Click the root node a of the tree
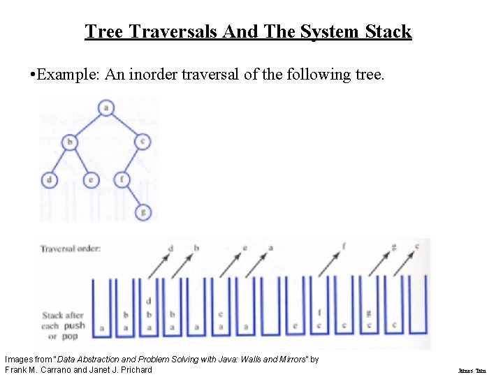[x=105, y=108]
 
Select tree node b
[x=69, y=142]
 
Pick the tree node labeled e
[x=91, y=179]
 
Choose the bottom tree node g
[x=143, y=211]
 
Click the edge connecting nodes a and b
[x=87, y=125]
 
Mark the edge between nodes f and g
[x=132, y=195]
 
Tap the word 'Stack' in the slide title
[x=385, y=31]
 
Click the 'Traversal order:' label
[x=70, y=249]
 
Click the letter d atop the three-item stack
[x=149, y=301]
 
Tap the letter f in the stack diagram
[x=319, y=313]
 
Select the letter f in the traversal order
[x=344, y=246]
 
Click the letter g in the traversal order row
[x=394, y=246]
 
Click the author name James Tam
[x=472, y=371]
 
